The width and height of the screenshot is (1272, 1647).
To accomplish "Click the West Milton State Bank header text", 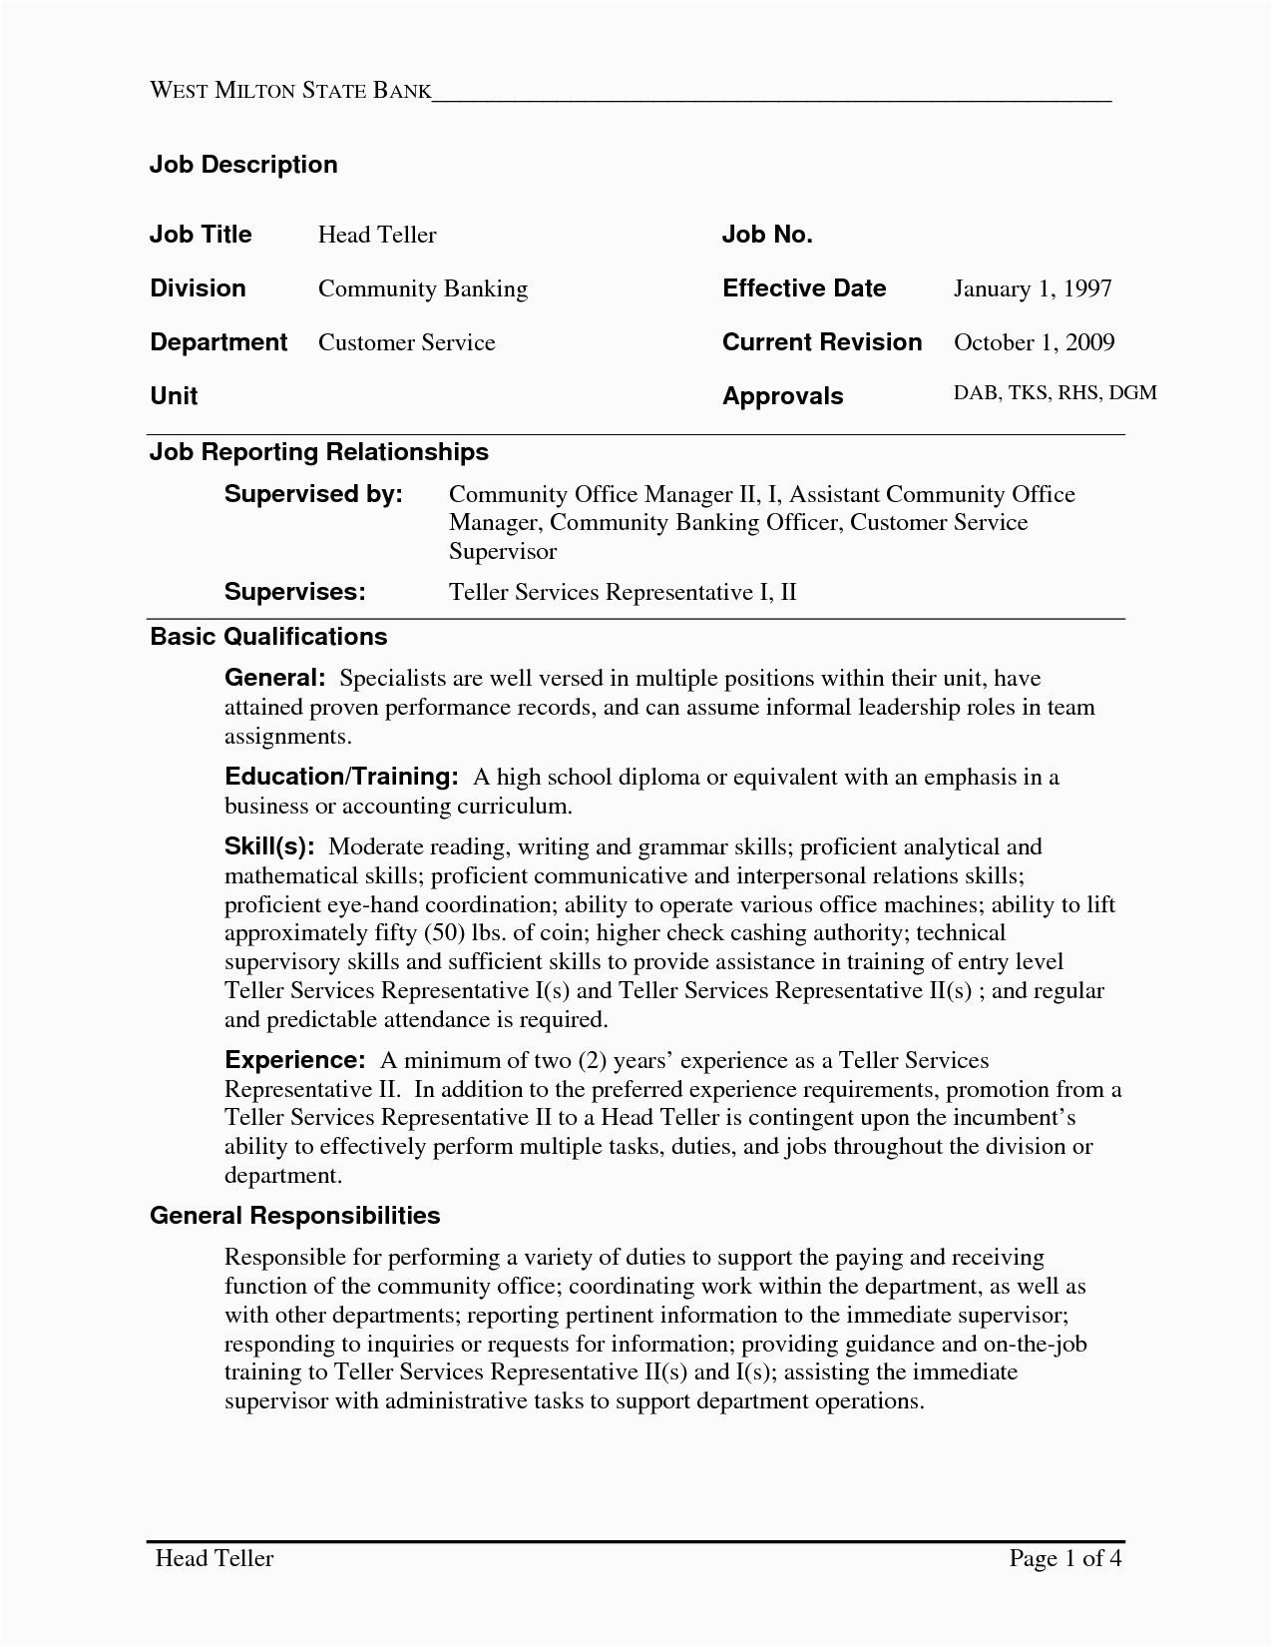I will coord(289,91).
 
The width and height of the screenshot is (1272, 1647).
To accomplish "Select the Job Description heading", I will coord(243,165).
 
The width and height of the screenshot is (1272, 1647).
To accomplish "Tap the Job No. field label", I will coord(767,235).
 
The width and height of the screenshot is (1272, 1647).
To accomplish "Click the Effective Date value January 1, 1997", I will coord(1033,288).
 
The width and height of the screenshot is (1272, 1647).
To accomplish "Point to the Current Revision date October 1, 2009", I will coord(1034,342).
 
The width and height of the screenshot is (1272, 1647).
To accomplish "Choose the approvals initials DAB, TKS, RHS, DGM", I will coord(1055,392).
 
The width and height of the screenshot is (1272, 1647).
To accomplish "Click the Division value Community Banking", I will coord(422,288).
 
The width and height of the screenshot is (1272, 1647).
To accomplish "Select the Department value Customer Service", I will coord(406,342).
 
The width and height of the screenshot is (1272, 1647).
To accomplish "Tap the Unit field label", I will coord(174,396).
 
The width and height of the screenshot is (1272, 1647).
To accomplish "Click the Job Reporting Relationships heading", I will coord(318,452).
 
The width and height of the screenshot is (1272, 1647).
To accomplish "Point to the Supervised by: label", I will coord(313,494).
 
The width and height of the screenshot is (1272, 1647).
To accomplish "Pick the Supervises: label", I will coord(294,592).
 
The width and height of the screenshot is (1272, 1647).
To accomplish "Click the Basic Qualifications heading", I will coord(267,637).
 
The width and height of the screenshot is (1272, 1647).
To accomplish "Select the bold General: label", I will coord(274,679).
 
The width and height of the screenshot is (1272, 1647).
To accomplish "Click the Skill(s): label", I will coord(269,847).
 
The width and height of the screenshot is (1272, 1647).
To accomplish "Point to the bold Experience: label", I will coord(295,1060).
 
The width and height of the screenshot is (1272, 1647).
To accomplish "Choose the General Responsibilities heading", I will coord(294,1216).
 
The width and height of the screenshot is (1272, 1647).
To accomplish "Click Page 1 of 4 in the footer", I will coord(1065,1558).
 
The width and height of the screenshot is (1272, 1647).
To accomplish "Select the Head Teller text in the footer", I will coord(213,1558).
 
